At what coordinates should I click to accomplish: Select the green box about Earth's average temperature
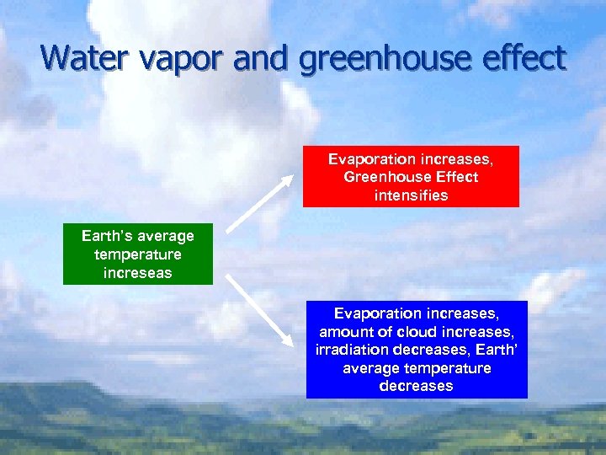[138, 254]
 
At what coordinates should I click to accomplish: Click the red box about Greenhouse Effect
[411, 176]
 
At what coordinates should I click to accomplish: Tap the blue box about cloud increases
[416, 349]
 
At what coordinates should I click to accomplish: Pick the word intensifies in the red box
[411, 195]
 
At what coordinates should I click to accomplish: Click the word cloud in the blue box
[422, 332]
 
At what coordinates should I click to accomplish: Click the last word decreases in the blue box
[416, 386]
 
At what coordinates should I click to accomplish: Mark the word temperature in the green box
[138, 254]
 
